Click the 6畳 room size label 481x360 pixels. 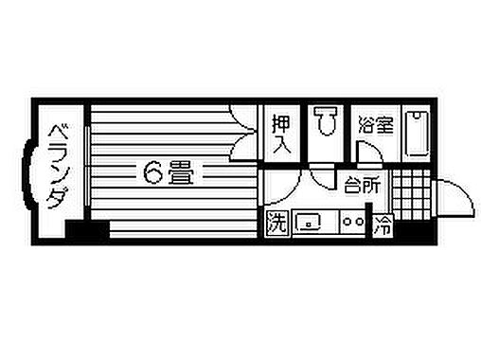click(x=168, y=173)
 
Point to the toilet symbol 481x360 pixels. click(x=327, y=122)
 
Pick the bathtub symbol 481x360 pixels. click(x=416, y=134)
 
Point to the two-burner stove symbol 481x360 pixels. click(x=352, y=224)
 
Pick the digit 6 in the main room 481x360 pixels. click(x=152, y=173)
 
